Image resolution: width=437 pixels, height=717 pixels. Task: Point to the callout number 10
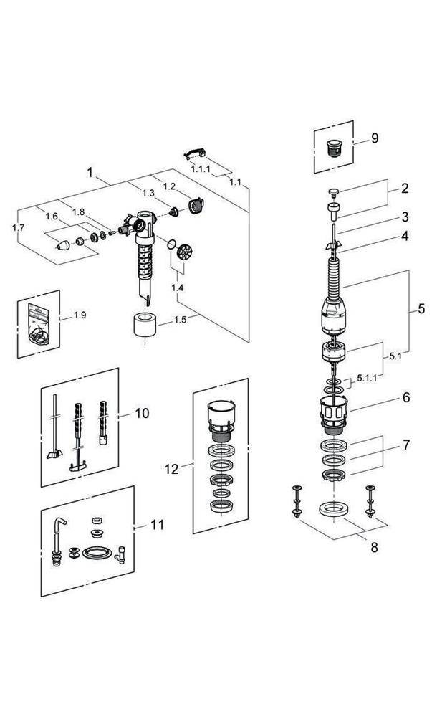tap(142, 413)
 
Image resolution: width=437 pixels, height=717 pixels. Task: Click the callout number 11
tap(156, 525)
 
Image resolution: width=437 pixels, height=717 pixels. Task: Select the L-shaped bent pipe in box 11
tap(59, 538)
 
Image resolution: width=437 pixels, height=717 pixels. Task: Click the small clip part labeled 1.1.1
tap(196, 151)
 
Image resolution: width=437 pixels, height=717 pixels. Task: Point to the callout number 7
tap(405, 445)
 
